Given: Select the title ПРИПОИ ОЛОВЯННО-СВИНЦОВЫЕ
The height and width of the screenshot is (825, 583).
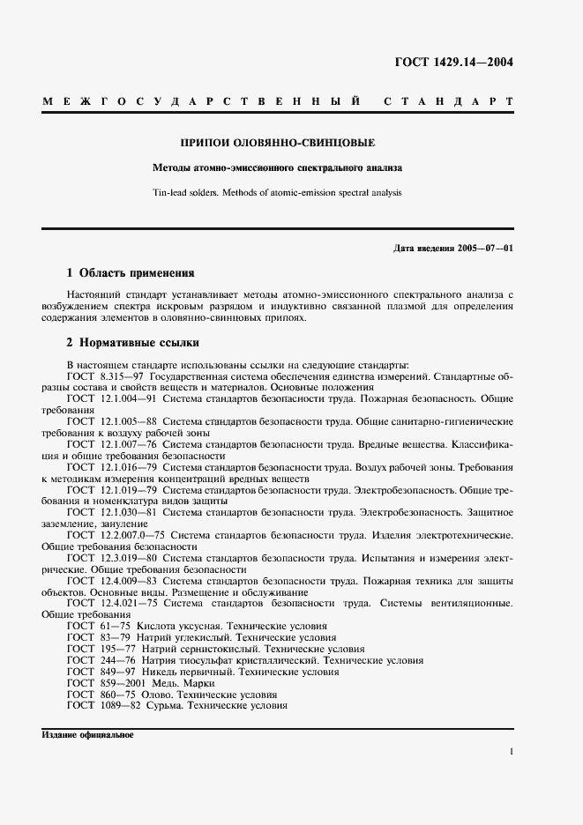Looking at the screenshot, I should [x=277, y=142].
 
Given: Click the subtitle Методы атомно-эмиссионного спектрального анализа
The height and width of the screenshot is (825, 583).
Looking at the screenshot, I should [x=277, y=167].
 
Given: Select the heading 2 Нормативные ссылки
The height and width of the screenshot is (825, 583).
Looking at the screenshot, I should [x=133, y=342].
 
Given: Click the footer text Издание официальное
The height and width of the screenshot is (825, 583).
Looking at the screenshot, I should [x=87, y=734].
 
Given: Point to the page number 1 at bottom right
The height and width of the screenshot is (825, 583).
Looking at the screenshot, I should [x=512, y=752].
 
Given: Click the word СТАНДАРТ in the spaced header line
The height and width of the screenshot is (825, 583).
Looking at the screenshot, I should [x=448, y=103].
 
